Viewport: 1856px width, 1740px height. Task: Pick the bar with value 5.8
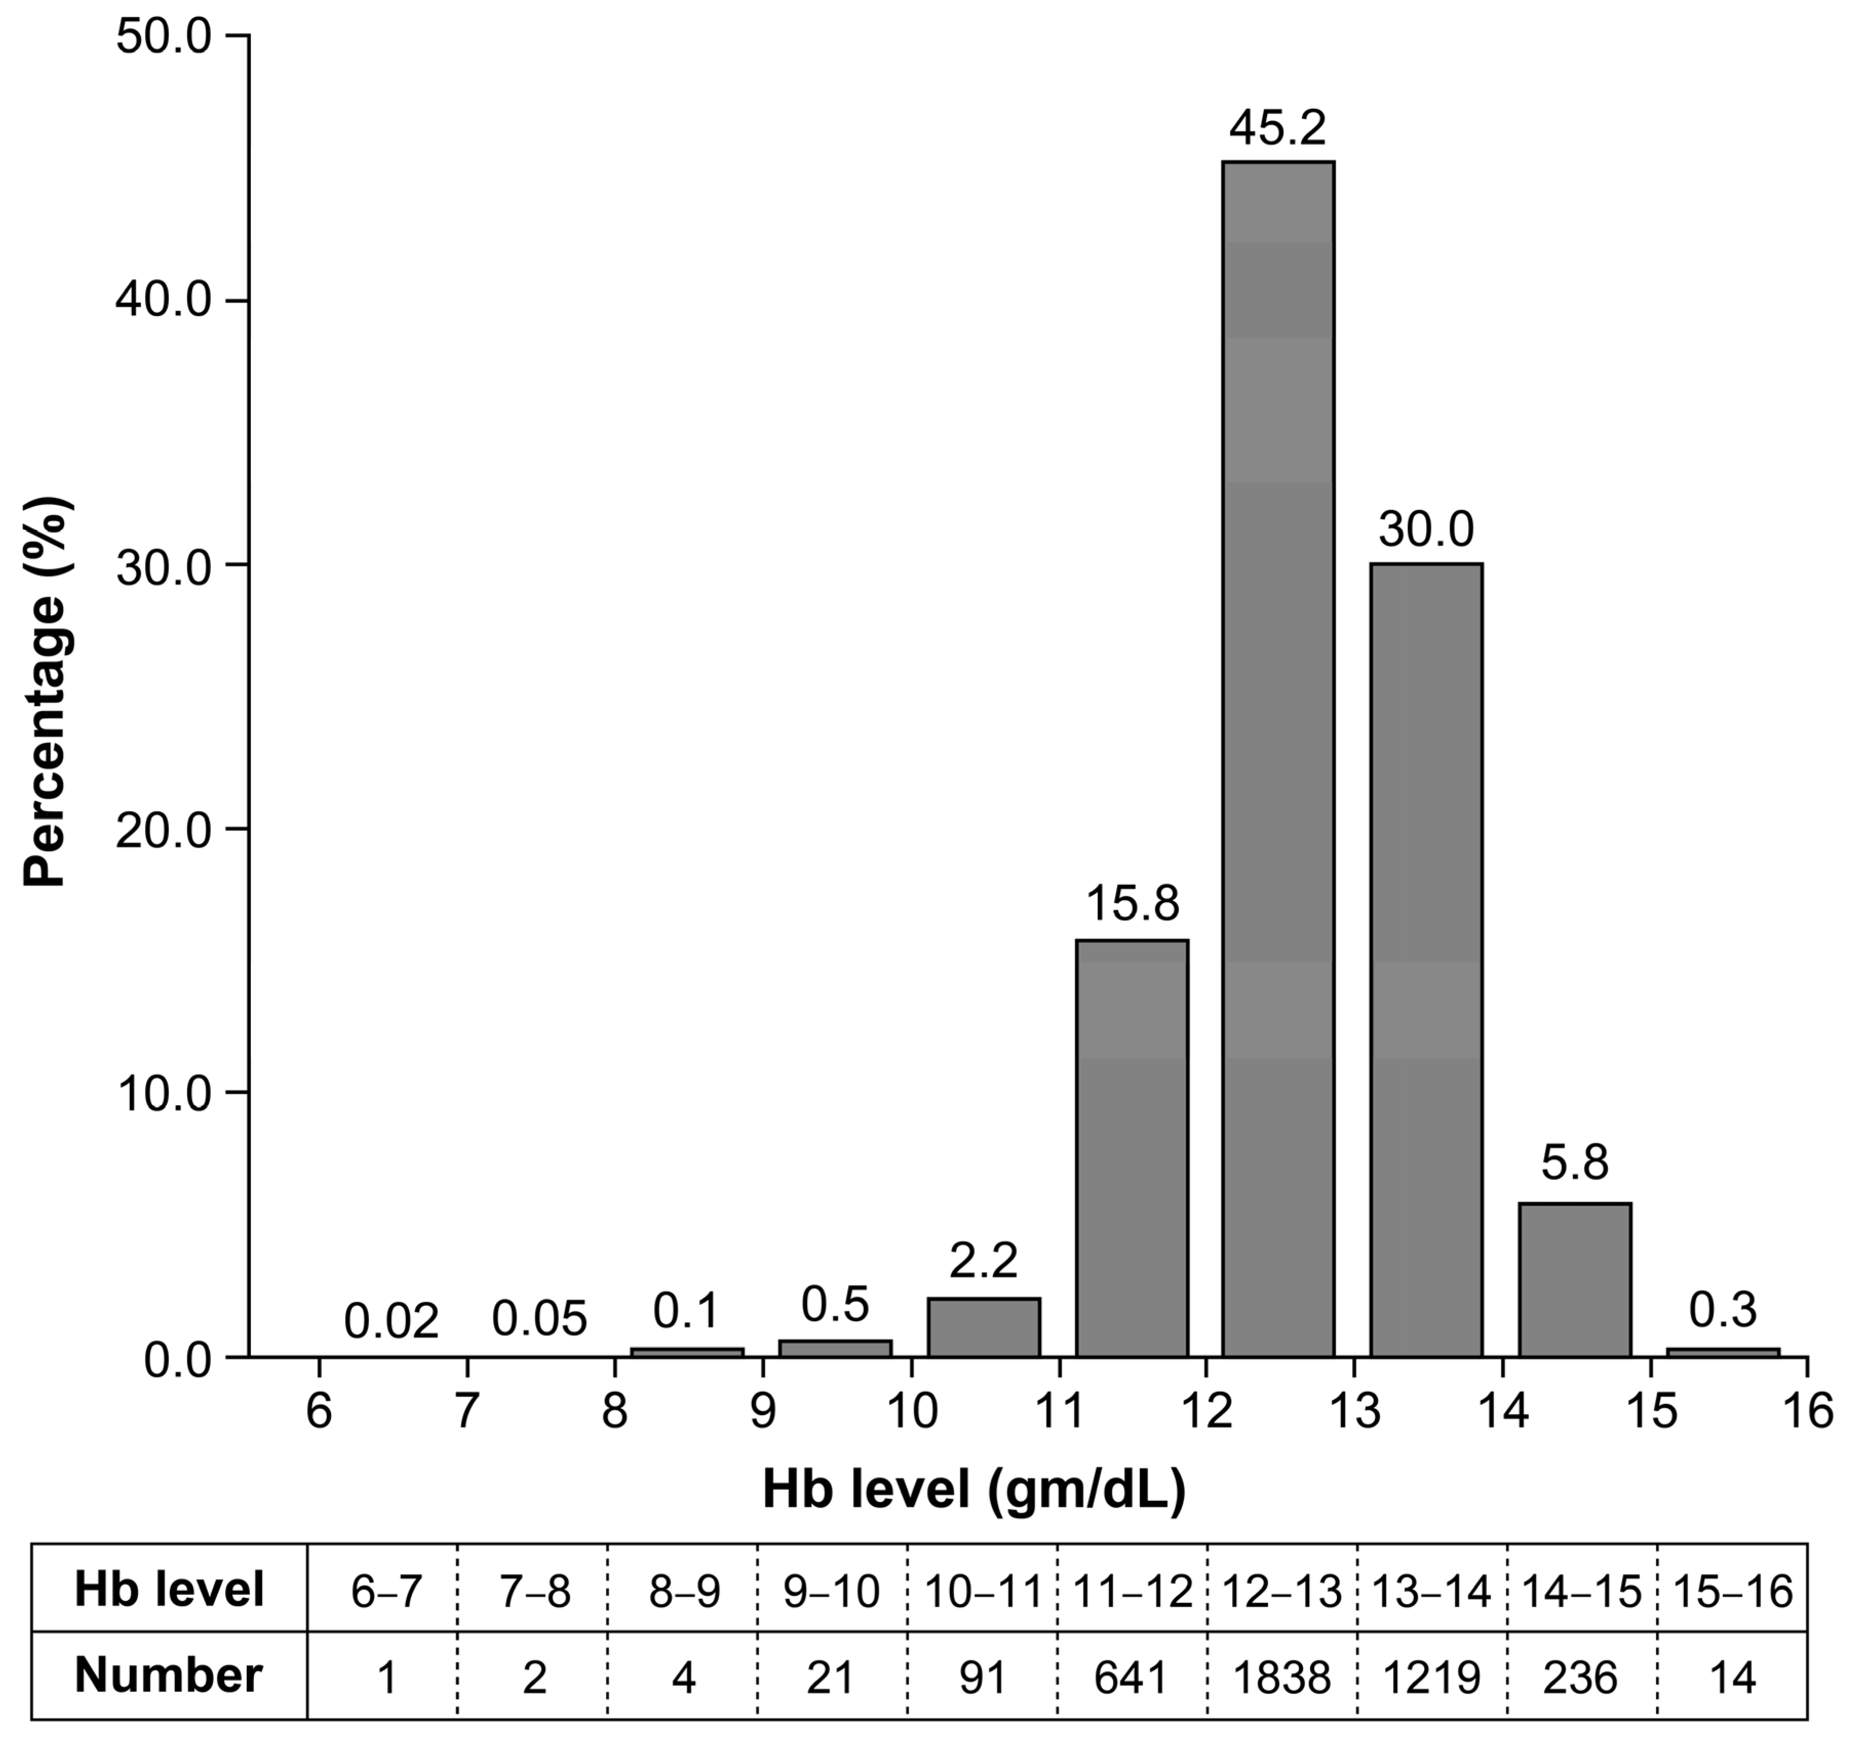tap(1574, 1280)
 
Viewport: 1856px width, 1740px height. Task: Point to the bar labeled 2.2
tap(983, 1326)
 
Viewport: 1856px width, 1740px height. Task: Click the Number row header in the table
tap(169, 1675)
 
